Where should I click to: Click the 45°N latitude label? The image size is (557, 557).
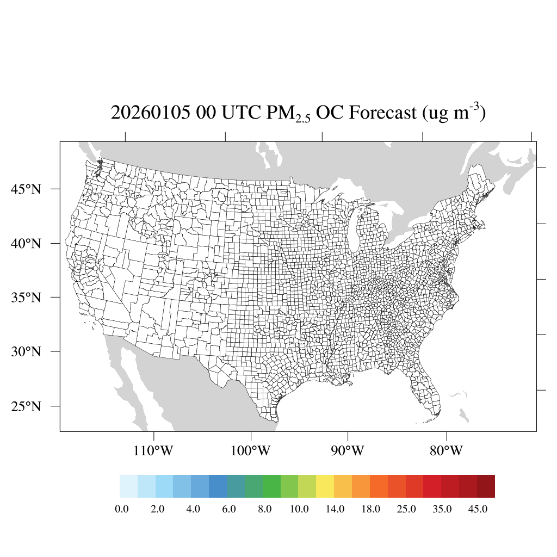coord(26,189)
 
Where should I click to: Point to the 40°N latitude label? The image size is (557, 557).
coord(26,243)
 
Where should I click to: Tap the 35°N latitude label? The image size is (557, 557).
coord(26,298)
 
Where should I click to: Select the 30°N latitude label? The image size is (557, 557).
coord(26,352)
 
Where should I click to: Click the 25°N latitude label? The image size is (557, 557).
coord(26,406)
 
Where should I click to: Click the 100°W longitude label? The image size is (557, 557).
coord(251,451)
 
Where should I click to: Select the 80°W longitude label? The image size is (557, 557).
coord(446,451)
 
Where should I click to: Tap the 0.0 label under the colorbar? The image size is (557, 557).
coord(122,509)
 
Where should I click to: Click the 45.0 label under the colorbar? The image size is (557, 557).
coord(478,509)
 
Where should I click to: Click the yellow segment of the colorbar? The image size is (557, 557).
coord(325,486)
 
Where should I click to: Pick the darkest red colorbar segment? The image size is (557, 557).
coord(486,486)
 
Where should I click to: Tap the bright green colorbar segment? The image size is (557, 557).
coord(271,486)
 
